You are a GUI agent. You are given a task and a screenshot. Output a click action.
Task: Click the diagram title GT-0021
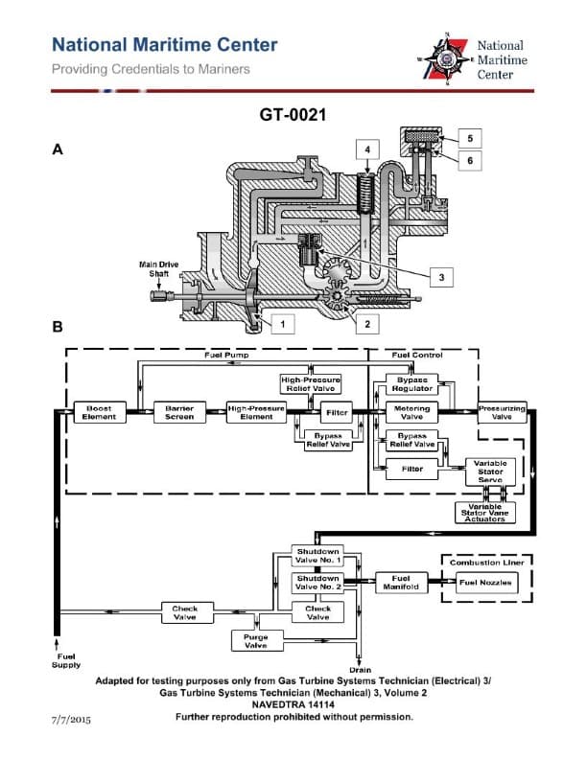pyautogui.click(x=293, y=115)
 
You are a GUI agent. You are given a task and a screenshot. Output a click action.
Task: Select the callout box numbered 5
pyautogui.click(x=471, y=137)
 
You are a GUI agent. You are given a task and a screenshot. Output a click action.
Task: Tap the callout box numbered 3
pyautogui.click(x=441, y=276)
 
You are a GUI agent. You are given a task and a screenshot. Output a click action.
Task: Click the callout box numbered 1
pyautogui.click(x=282, y=324)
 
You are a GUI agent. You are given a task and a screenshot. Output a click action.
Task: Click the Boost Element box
pyautogui.click(x=100, y=412)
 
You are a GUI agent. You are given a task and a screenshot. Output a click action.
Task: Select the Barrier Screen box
pyautogui.click(x=179, y=412)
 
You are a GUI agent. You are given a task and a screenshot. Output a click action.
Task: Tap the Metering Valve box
pyautogui.click(x=412, y=412)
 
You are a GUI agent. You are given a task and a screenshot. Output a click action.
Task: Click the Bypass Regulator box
pyautogui.click(x=412, y=384)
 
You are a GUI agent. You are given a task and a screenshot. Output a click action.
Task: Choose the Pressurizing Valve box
pyautogui.click(x=502, y=412)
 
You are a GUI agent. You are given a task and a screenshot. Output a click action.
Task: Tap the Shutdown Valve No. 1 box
pyautogui.click(x=317, y=556)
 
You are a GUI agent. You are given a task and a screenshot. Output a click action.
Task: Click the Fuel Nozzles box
pyautogui.click(x=486, y=583)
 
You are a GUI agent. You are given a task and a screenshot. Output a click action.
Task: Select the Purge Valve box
pyautogui.click(x=256, y=641)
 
